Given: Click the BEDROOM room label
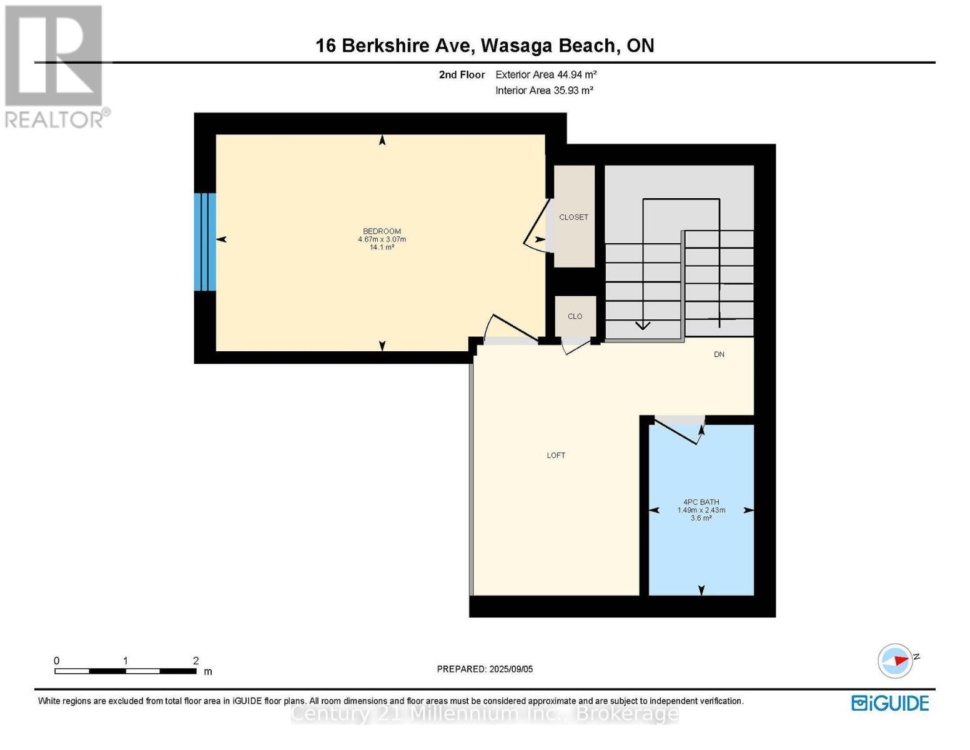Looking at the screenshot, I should pos(382,231).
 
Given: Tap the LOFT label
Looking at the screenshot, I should pos(556,456).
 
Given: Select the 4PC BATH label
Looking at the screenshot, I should pos(701,502).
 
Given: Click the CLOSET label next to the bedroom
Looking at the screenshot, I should pos(573,217).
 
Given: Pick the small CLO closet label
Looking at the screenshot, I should pos(575,317).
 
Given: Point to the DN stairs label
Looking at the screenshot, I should pos(719,354).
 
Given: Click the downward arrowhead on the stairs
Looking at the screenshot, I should pos(643,325).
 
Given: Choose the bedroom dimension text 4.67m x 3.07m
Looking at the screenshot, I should pos(382,239).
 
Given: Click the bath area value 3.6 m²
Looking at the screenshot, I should pos(701,518).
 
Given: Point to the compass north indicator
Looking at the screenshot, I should pos(896,661).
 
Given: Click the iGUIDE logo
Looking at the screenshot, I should pos(890,703).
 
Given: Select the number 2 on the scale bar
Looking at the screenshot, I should pos(195,661).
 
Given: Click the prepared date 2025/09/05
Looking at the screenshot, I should pos(511,669).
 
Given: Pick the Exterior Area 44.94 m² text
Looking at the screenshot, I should pos(546,74).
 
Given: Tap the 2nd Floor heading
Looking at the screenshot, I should pos(462,74).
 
